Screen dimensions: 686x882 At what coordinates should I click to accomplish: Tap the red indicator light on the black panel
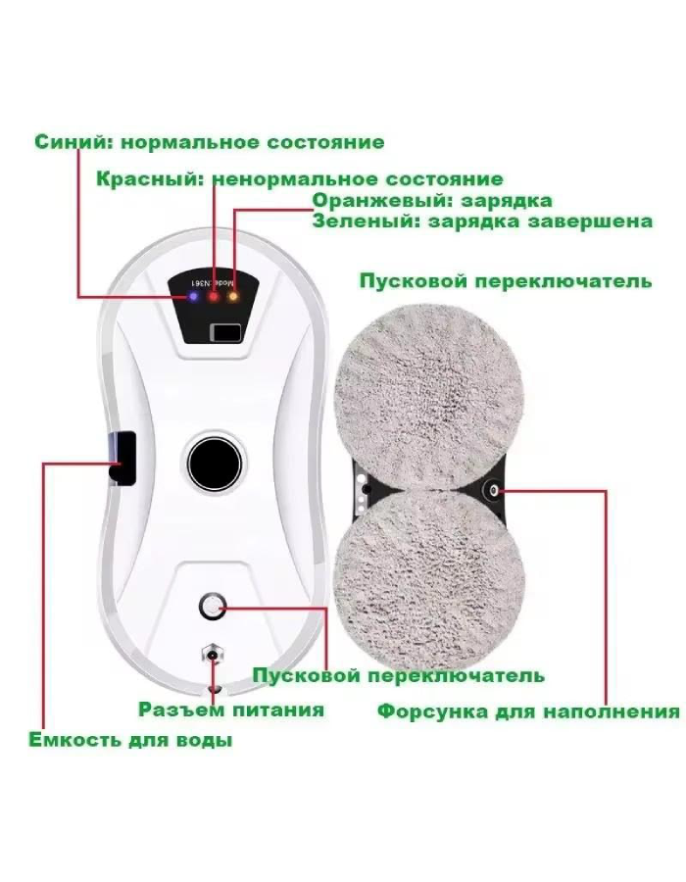click(x=214, y=297)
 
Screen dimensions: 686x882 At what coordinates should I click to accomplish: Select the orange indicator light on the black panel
click(x=232, y=296)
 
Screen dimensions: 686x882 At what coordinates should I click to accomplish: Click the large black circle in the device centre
click(x=213, y=462)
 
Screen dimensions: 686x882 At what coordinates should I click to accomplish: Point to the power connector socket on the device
click(x=213, y=655)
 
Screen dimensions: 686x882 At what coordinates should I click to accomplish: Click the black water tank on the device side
click(x=122, y=459)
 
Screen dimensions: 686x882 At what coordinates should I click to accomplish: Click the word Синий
click(x=74, y=142)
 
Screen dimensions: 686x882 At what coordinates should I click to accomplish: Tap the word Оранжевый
click(x=383, y=201)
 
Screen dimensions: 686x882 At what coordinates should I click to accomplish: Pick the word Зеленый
click(x=366, y=221)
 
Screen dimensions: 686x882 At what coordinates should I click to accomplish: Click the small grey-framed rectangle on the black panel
click(x=226, y=332)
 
